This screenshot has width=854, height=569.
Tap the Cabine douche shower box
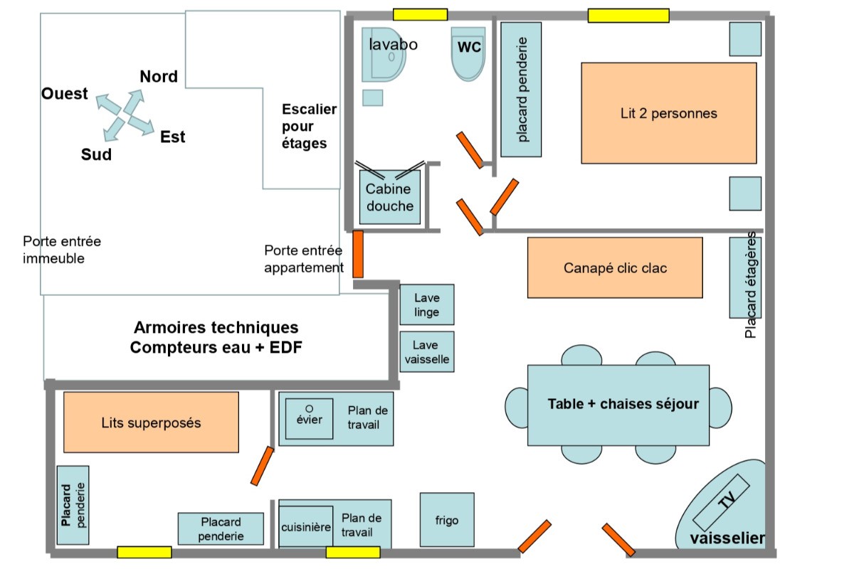pyautogui.click(x=389, y=197)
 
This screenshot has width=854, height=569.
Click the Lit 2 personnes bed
pyautogui.click(x=668, y=113)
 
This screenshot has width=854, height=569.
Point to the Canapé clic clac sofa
pyautogui.click(x=615, y=267)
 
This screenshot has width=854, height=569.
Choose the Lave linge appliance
pyautogui.click(x=426, y=305)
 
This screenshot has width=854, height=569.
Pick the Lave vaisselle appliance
pyautogui.click(x=426, y=352)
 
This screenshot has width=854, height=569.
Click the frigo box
pyautogui.click(x=447, y=520)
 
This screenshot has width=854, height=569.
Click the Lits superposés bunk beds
pyautogui.click(x=151, y=422)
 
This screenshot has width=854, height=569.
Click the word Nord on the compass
pyautogui.click(x=159, y=77)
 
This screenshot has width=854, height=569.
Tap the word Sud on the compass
pyautogui.click(x=96, y=154)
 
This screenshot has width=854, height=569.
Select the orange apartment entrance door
pyautogui.click(x=358, y=254)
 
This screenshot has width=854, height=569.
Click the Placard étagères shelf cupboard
pyautogui.click(x=746, y=277)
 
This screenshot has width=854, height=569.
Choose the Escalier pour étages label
pyautogui.click(x=309, y=126)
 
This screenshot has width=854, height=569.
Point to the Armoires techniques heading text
pyautogui.click(x=216, y=328)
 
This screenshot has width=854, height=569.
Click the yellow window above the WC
pyautogui.click(x=420, y=14)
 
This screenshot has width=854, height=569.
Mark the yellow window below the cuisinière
pyautogui.click(x=353, y=552)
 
